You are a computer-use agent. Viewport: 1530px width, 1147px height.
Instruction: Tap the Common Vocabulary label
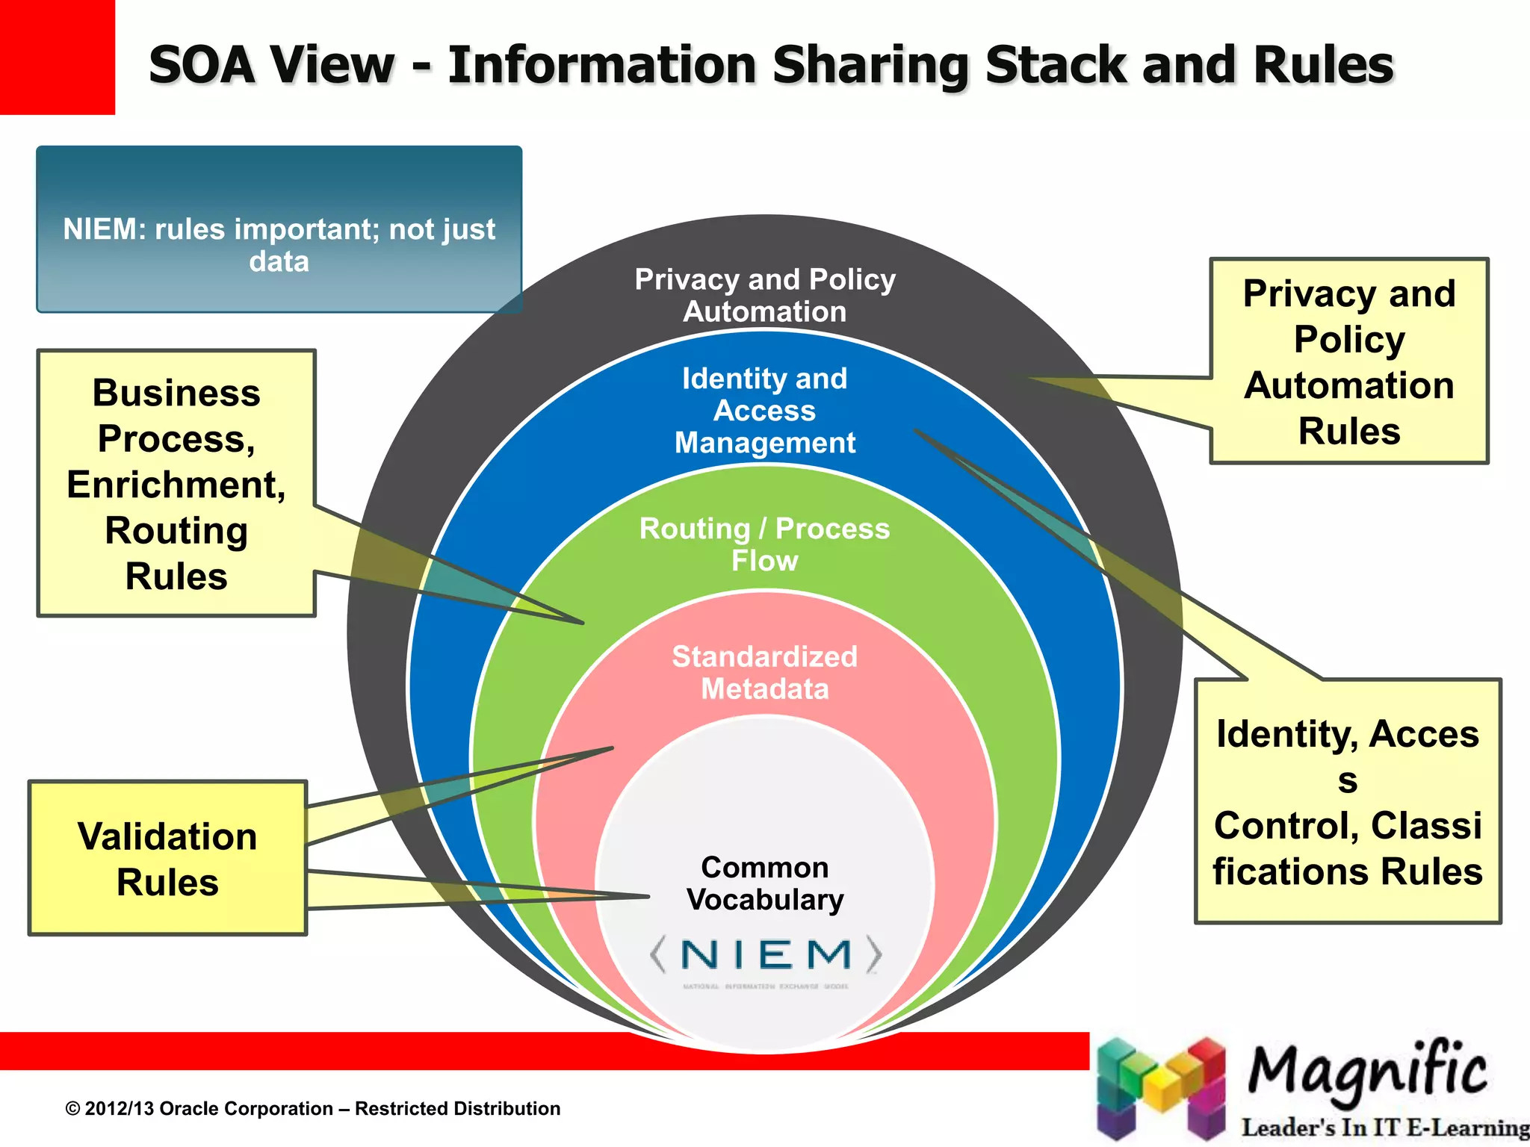pyautogui.click(x=765, y=883)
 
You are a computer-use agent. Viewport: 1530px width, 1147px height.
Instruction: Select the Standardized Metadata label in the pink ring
pyautogui.click(x=765, y=672)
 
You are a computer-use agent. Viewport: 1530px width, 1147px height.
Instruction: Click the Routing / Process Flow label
pyautogui.click(x=765, y=544)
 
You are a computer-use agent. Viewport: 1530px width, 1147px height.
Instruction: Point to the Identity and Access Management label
pyautogui.click(x=765, y=411)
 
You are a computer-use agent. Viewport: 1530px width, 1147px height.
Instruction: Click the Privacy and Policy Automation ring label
pyautogui.click(x=765, y=295)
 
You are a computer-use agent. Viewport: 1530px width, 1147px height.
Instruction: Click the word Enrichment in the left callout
pyautogui.click(x=176, y=485)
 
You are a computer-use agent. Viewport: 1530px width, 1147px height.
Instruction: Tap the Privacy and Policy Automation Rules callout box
pyautogui.click(x=1349, y=361)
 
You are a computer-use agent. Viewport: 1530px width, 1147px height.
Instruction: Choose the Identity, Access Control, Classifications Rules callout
pyautogui.click(x=1348, y=802)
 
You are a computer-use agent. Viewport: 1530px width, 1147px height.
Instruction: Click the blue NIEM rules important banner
pyautogui.click(x=279, y=229)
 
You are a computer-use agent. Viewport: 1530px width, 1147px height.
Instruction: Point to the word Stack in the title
pyautogui.click(x=1056, y=65)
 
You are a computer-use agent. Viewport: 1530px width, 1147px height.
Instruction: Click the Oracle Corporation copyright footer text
pyautogui.click(x=313, y=1109)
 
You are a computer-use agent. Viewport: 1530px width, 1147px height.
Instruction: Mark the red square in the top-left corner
pyautogui.click(x=57, y=57)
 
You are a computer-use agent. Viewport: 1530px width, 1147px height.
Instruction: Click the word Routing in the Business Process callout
pyautogui.click(x=176, y=531)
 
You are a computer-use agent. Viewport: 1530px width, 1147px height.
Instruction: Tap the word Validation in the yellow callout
pyautogui.click(x=167, y=836)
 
